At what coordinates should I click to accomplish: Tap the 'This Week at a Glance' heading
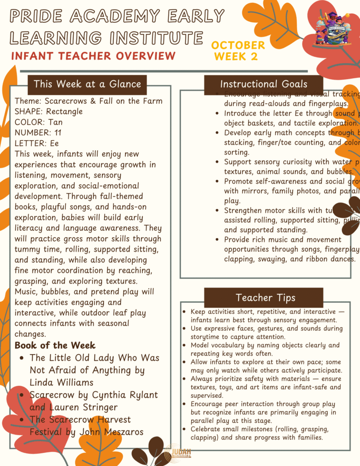coord(87,84)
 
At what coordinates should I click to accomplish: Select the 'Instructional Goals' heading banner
coord(264,84)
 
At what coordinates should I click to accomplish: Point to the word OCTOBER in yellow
coord(238,45)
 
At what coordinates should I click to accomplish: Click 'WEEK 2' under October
coord(235,57)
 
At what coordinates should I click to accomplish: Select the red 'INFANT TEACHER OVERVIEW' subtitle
coord(93,56)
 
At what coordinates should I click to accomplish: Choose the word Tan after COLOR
coord(55,122)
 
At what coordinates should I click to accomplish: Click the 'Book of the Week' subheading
coord(55,345)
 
